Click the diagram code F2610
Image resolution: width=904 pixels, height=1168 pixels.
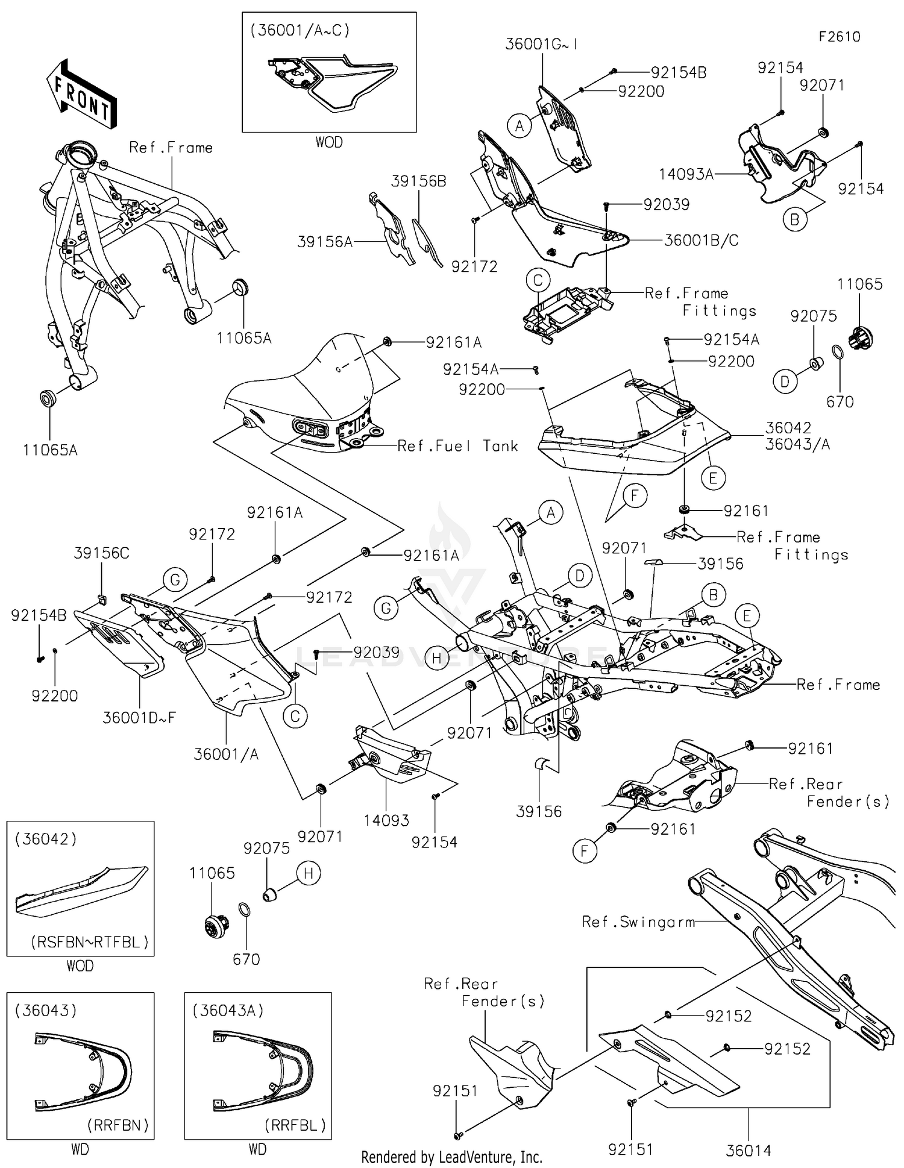(x=839, y=37)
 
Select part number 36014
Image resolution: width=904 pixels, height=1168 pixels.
(x=748, y=1151)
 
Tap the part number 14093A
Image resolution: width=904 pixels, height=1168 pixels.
(x=686, y=175)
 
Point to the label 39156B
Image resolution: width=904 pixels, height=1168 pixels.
(x=418, y=181)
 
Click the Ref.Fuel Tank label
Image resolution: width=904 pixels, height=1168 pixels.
(x=457, y=446)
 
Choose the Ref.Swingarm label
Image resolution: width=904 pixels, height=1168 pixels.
(x=638, y=922)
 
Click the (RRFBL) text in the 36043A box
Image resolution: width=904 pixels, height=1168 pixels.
(x=295, y=1125)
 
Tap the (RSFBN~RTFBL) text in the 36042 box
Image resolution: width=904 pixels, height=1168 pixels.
(x=89, y=942)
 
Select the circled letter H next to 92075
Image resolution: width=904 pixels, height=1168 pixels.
(x=309, y=873)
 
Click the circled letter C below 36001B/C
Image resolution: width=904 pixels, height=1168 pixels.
(x=538, y=280)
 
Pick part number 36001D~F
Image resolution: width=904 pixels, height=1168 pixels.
(x=139, y=718)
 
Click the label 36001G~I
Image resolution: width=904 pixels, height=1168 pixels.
(x=541, y=45)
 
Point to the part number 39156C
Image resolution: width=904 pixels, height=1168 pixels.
(x=102, y=553)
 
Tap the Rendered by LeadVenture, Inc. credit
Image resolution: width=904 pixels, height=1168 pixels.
(x=451, y=1157)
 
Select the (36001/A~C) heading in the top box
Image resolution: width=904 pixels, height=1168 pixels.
(x=300, y=31)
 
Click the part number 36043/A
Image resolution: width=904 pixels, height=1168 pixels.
(x=797, y=444)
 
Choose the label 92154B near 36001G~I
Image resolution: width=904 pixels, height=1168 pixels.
(x=678, y=73)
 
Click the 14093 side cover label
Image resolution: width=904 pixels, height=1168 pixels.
(x=386, y=820)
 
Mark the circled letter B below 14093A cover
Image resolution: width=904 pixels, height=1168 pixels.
(x=794, y=220)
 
